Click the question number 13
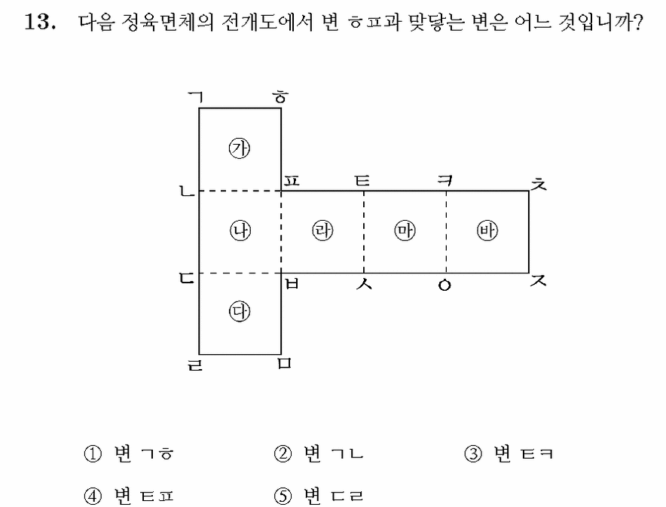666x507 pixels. [x=39, y=21]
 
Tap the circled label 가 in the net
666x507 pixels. [x=240, y=148]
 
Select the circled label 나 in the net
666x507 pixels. [x=240, y=231]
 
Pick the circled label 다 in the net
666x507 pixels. [x=240, y=312]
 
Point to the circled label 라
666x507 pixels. [x=322, y=231]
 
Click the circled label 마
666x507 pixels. [x=405, y=231]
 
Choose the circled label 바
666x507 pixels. [x=487, y=231]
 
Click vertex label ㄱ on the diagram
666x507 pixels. [x=196, y=97]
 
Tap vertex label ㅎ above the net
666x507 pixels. [x=280, y=97]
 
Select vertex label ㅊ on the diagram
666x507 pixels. [x=539, y=185]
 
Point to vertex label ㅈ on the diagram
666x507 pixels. [x=539, y=280]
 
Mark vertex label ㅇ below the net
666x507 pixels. [x=445, y=286]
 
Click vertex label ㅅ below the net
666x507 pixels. [x=364, y=283]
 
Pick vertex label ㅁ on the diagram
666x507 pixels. [x=285, y=363]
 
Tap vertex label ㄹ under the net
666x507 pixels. [x=195, y=365]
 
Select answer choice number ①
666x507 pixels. [x=93, y=454]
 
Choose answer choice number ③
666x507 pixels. [x=473, y=454]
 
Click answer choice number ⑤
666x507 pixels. [x=283, y=496]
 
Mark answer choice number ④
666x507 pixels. [x=93, y=496]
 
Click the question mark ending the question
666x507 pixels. [x=637, y=22]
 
